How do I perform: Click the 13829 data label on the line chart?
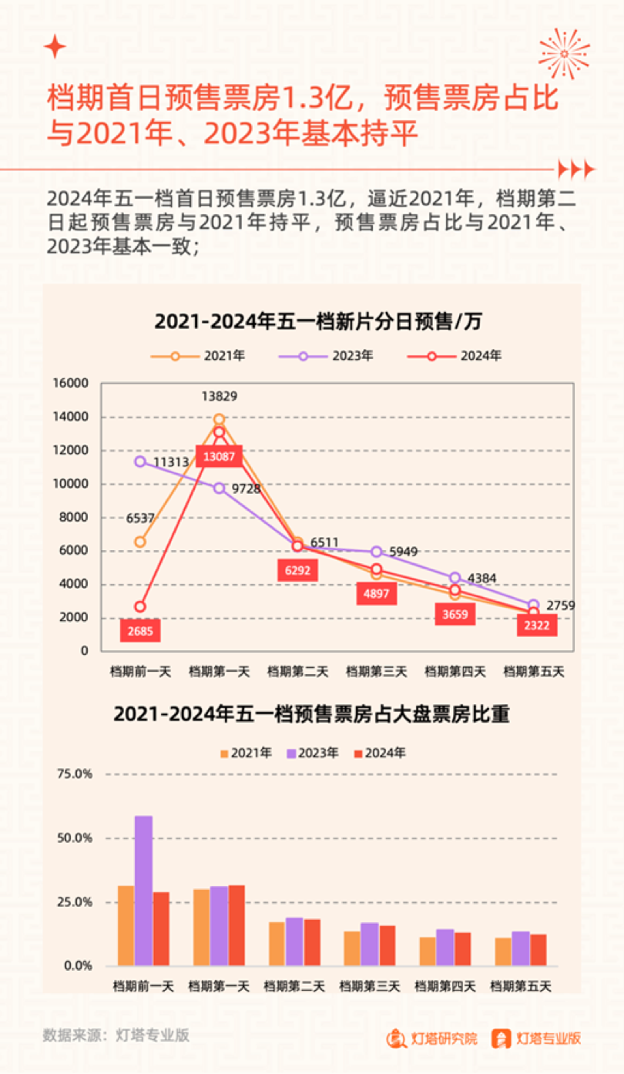(x=220, y=397)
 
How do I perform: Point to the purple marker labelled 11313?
(x=140, y=461)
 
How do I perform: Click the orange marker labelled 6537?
(x=140, y=542)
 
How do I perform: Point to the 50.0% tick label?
(x=75, y=837)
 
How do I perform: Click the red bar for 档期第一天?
(x=237, y=925)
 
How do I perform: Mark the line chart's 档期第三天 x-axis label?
(x=377, y=672)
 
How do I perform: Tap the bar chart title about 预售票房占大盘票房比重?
(x=311, y=714)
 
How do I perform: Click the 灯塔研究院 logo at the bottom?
(x=432, y=1039)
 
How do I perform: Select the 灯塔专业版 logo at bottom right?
(x=536, y=1039)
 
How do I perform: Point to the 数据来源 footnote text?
(x=116, y=1035)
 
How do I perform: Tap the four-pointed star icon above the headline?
(x=55, y=47)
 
